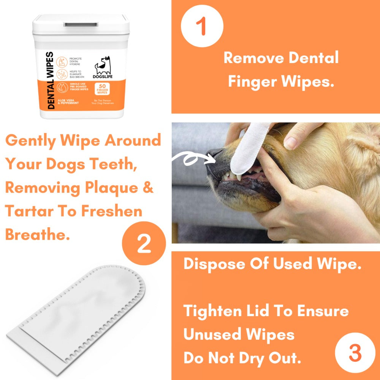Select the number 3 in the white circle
355,353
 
